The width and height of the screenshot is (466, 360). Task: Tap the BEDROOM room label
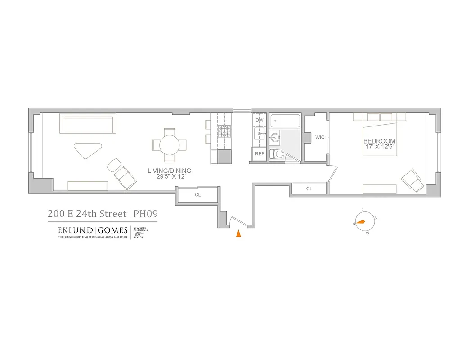point(379,141)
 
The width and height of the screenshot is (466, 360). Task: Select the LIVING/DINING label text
point(170,171)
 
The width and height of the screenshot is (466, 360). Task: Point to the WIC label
point(320,137)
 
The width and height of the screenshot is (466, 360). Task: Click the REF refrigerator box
point(260,153)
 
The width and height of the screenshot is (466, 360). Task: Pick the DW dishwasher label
point(260,121)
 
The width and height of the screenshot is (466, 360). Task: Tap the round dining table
point(170,145)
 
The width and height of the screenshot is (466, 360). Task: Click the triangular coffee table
point(89,149)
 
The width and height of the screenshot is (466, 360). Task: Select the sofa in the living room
point(88,123)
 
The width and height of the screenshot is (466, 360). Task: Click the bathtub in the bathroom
point(285,121)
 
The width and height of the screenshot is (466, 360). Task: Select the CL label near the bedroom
point(309,189)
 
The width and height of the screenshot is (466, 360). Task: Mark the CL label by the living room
point(197,195)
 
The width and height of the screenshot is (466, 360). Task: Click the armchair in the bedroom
point(412,180)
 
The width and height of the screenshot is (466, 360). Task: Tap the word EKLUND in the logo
point(75,230)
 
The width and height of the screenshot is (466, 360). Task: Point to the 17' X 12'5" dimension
point(379,147)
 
